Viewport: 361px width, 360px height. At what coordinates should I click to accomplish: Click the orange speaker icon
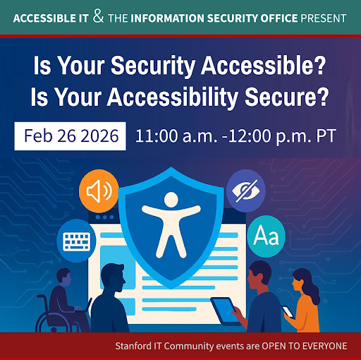click(98, 191)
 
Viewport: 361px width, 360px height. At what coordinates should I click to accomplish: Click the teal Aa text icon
click(267, 234)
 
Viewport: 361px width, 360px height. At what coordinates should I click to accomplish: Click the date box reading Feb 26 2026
click(70, 135)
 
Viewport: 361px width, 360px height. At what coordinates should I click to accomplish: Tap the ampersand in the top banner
click(98, 16)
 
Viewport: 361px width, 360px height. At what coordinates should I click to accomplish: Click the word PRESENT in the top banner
click(324, 16)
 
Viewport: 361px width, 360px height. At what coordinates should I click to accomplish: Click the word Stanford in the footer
click(135, 346)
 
